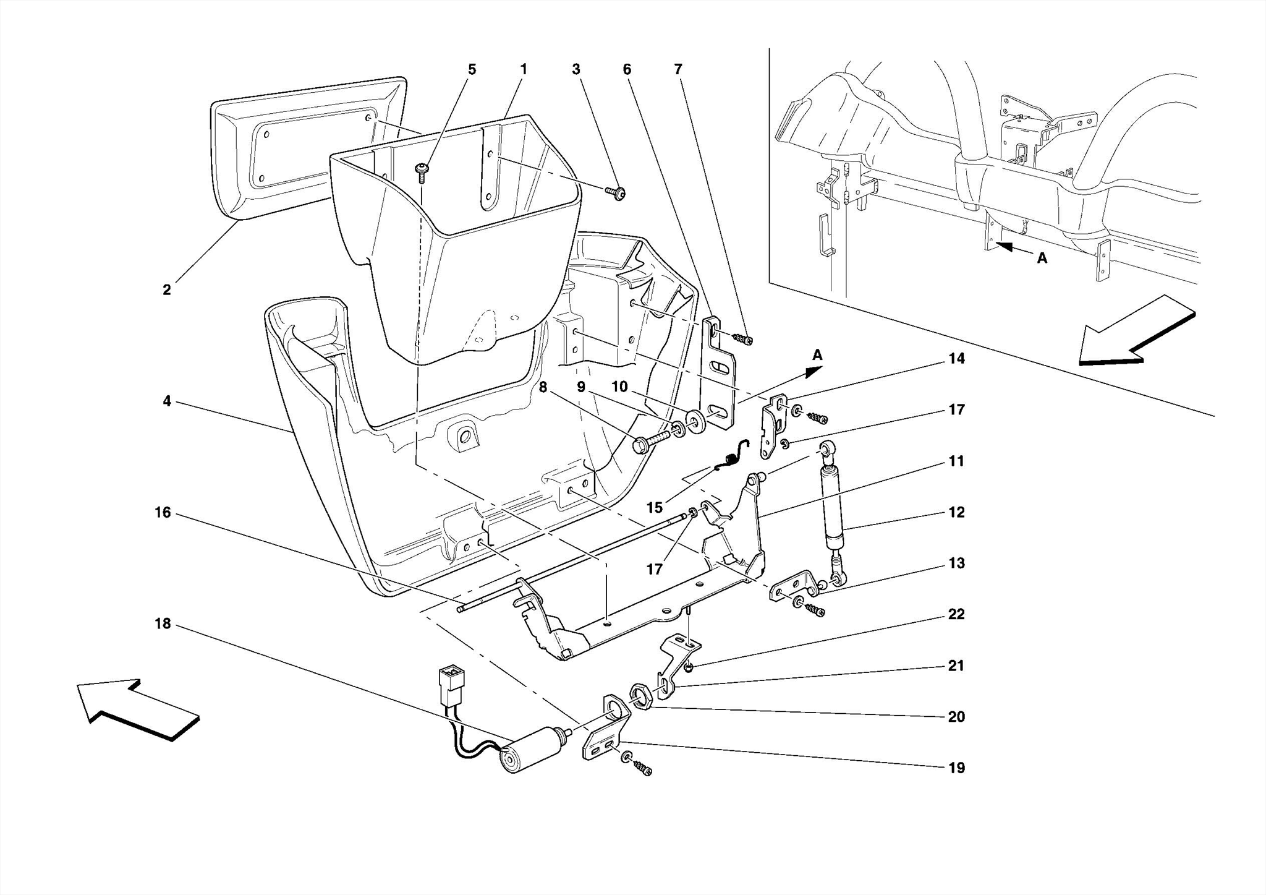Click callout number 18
(x=163, y=623)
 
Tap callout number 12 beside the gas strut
(x=956, y=512)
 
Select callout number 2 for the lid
(x=166, y=289)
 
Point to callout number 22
(x=956, y=614)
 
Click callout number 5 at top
(x=472, y=69)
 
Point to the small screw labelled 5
(x=422, y=172)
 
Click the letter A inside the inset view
(x=1042, y=259)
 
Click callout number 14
(x=956, y=359)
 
